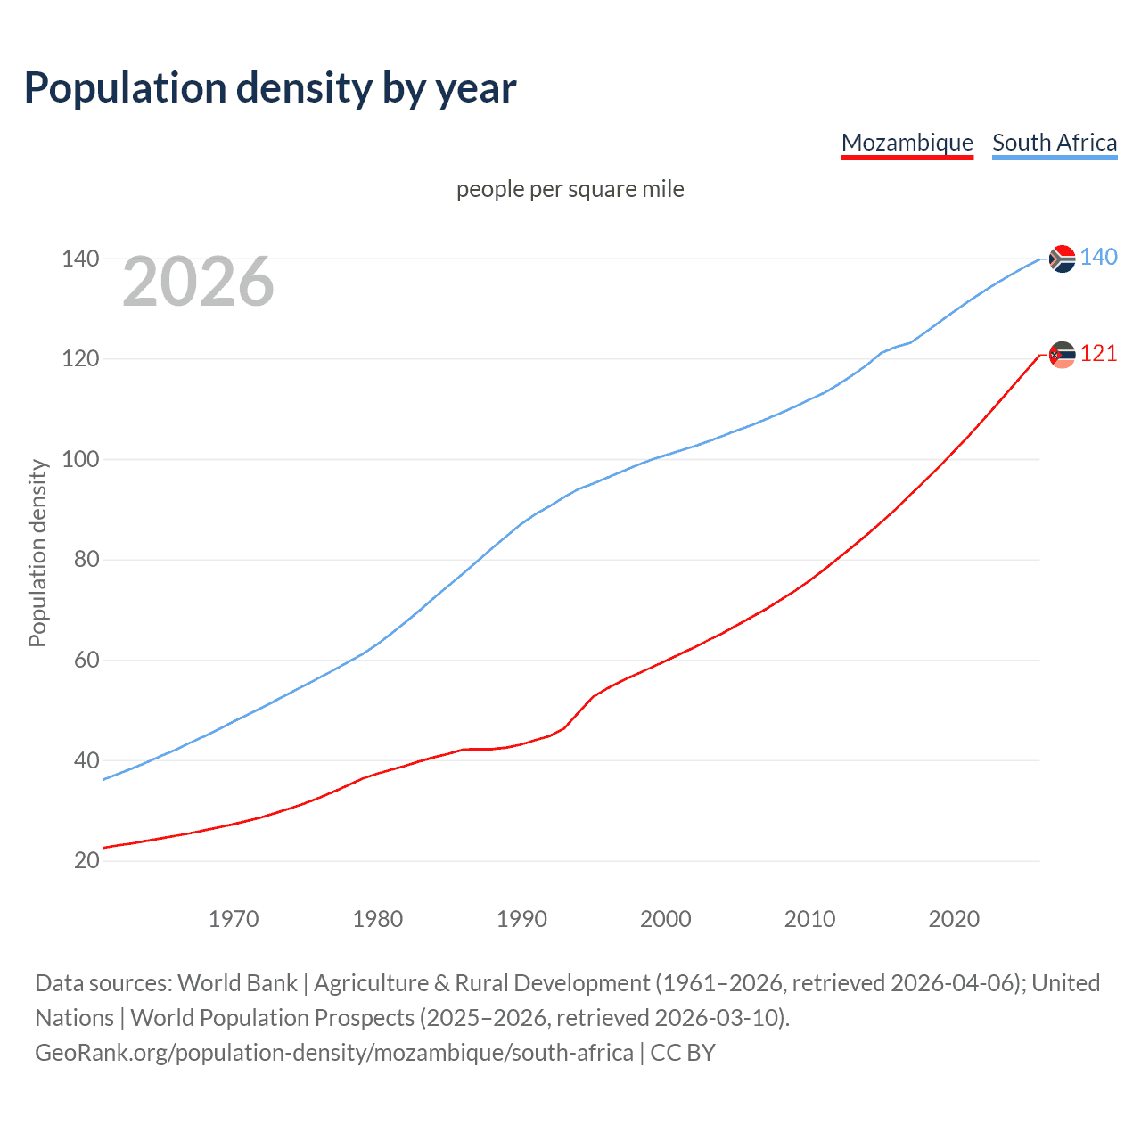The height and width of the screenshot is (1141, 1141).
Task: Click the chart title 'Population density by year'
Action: pos(270,87)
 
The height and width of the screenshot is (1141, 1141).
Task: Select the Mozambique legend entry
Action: pos(907,143)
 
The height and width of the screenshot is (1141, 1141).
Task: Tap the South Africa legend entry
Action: pos(1055,143)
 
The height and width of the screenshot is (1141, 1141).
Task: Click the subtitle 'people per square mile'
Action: pos(570,189)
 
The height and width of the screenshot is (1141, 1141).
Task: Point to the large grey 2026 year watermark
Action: pos(198,282)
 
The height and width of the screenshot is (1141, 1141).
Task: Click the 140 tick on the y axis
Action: pos(79,259)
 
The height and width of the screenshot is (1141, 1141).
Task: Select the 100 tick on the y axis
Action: pos(79,459)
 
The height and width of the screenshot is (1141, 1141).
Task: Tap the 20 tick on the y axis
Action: pos(86,860)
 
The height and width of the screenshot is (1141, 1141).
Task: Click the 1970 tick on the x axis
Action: pos(234,919)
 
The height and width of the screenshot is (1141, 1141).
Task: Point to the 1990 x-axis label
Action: pos(521,919)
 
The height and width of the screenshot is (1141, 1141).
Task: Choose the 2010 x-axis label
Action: pos(809,919)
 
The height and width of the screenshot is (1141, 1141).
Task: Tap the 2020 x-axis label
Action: pos(954,919)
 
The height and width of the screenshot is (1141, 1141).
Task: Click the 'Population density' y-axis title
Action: pos(37,553)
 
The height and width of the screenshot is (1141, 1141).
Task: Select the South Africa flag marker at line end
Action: pos(1062,259)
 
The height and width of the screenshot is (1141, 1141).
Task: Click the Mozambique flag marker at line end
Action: pos(1062,355)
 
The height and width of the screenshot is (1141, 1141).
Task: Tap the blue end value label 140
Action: pos(1098,258)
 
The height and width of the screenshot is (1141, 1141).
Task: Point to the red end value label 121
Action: pos(1098,354)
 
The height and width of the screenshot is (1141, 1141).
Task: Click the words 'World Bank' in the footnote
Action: pos(237,982)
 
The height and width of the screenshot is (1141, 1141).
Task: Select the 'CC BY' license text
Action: pos(683,1052)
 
